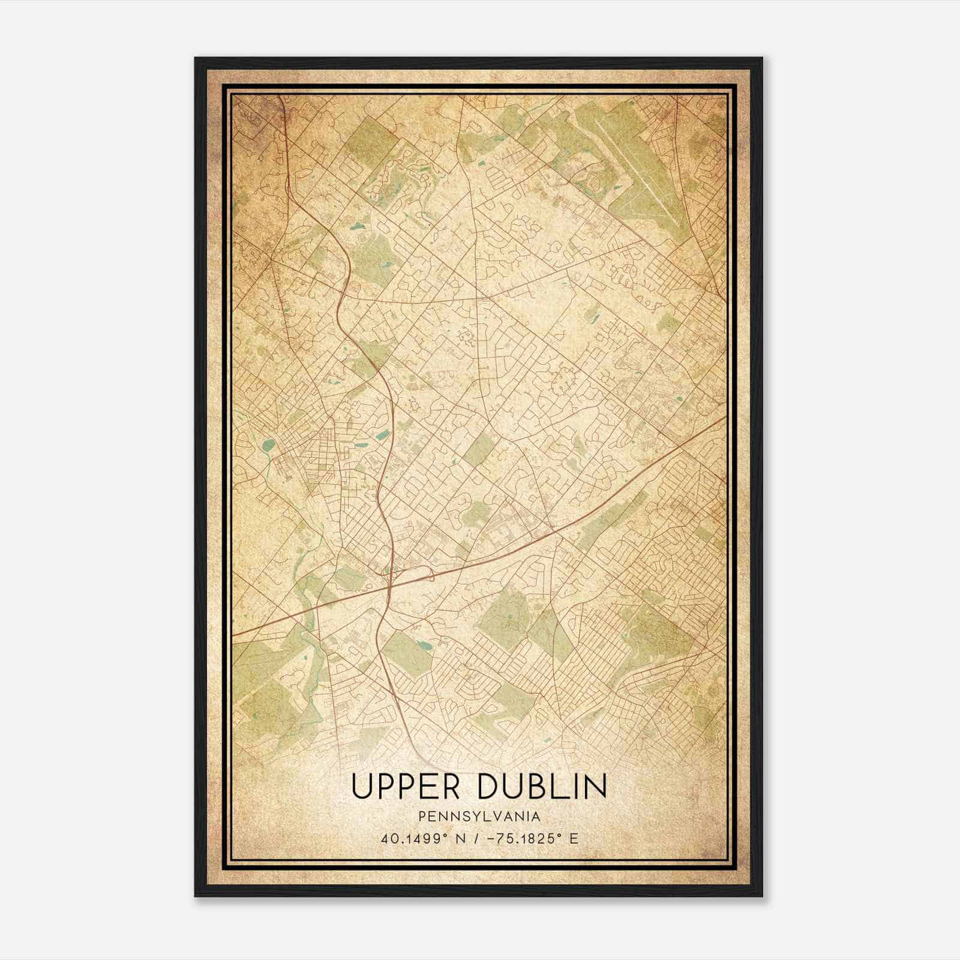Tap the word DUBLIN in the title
pyautogui.click(x=542, y=787)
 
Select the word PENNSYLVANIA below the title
pyautogui.click(x=479, y=817)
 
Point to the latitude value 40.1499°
pyautogui.click(x=409, y=838)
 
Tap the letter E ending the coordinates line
pyautogui.click(x=574, y=838)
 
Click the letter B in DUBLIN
pyautogui.click(x=539, y=787)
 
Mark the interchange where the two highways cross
pyautogui.click(x=391, y=575)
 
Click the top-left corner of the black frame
pyautogui.click(x=196, y=58)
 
